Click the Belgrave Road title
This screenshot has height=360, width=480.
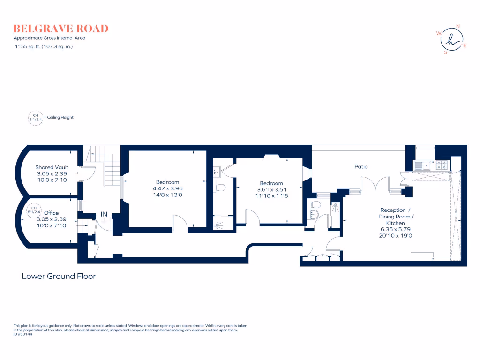(x=61, y=29)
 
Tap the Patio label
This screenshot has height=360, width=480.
(x=361, y=166)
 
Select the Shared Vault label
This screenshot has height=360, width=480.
(x=52, y=167)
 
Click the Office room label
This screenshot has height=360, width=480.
(x=52, y=213)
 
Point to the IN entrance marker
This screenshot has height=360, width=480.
(x=104, y=214)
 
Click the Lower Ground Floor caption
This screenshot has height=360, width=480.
(x=59, y=276)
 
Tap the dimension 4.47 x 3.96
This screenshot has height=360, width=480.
(x=167, y=188)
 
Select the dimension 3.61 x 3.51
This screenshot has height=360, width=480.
(x=271, y=189)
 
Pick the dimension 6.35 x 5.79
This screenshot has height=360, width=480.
(x=396, y=229)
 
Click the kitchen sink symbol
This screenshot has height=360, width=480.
(x=422, y=165)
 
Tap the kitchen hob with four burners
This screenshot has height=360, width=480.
(x=442, y=165)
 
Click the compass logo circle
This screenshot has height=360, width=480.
(x=451, y=39)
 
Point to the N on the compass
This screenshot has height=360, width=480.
(x=458, y=26)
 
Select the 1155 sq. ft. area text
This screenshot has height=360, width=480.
(x=44, y=46)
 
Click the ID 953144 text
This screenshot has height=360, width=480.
(x=22, y=334)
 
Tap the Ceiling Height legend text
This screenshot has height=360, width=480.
(x=60, y=117)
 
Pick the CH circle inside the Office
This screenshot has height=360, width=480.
(x=34, y=210)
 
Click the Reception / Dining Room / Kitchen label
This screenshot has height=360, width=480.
(x=396, y=217)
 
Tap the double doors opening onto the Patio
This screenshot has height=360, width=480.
(x=376, y=184)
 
